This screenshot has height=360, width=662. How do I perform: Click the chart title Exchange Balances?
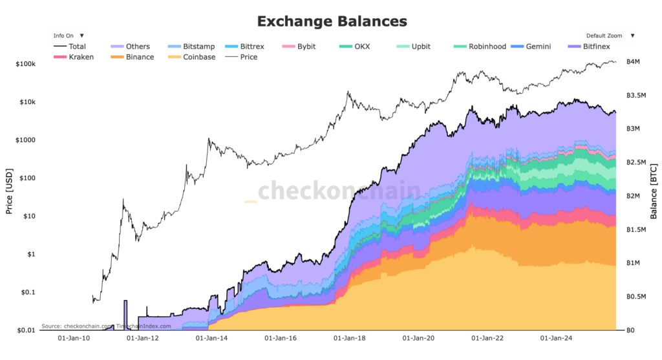[332, 21]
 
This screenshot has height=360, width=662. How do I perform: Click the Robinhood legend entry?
[485, 47]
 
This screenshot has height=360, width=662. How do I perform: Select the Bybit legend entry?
[306, 47]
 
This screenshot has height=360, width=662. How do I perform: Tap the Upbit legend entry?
[420, 47]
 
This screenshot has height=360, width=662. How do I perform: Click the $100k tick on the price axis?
[24, 65]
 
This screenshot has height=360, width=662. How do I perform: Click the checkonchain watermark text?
[339, 192]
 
